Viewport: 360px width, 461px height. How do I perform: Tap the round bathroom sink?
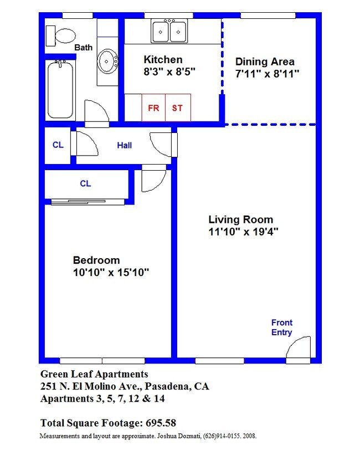tap(107, 62)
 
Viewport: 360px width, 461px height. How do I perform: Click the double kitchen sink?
tap(169, 30)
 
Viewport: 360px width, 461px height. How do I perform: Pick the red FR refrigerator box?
tap(153, 107)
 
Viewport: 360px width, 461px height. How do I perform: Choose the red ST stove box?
tap(177, 107)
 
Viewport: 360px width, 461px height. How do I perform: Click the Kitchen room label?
tap(163, 60)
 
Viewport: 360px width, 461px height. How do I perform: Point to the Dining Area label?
tap(265, 62)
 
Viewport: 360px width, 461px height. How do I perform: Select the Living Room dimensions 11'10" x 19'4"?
tap(243, 232)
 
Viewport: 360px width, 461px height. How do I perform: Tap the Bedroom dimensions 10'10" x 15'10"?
tap(111, 273)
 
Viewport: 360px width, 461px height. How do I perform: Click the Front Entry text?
tap(281, 327)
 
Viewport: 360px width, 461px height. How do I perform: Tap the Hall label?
tap(125, 146)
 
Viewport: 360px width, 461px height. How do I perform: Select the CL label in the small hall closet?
tap(58, 146)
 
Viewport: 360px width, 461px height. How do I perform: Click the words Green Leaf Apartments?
tap(94, 374)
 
